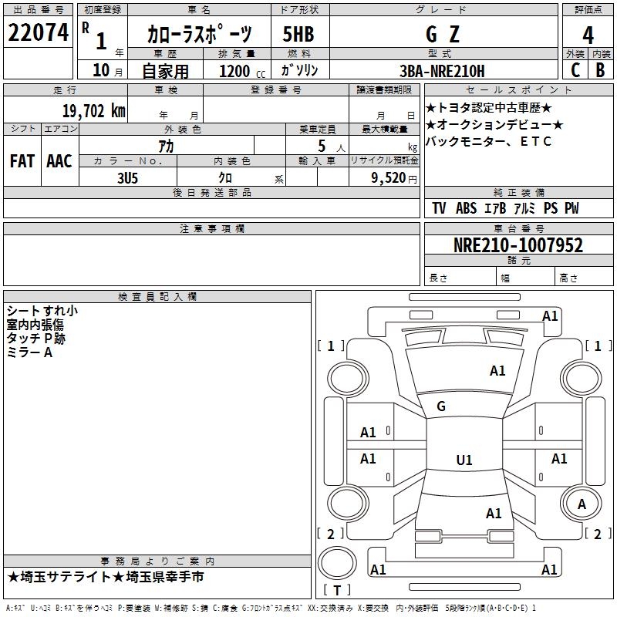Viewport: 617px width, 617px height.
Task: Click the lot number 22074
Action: tap(38, 33)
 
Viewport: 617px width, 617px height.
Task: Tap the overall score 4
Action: tap(588, 35)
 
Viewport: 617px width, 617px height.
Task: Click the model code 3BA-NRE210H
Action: tap(442, 71)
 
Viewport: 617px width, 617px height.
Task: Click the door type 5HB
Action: tap(298, 34)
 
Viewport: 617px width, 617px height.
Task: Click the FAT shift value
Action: tap(22, 161)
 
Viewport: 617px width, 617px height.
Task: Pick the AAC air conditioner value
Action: tap(59, 161)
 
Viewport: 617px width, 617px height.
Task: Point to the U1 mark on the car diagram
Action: tap(464, 460)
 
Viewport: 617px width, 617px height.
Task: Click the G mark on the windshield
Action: tap(441, 406)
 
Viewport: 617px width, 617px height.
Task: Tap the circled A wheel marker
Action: tap(582, 504)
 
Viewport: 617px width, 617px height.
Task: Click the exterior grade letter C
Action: tap(575, 70)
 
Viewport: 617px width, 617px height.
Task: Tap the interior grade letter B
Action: tap(600, 70)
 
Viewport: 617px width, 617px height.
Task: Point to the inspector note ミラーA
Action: tap(29, 352)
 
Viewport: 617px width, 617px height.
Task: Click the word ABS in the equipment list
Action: tap(466, 208)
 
